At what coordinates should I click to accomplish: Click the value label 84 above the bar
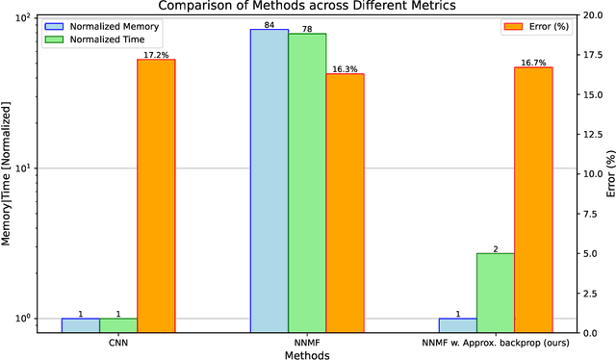tap(269, 24)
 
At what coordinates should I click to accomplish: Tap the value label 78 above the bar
tap(307, 28)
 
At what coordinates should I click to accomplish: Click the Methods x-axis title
tap(306, 354)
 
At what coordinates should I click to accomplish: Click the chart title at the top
tap(306, 6)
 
